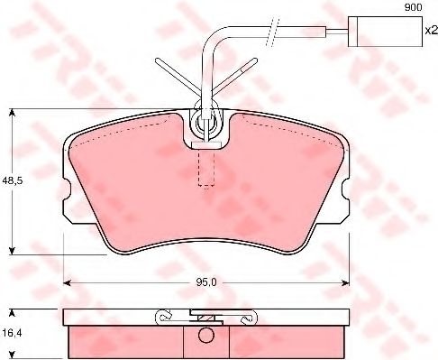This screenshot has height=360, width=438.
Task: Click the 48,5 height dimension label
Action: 13,181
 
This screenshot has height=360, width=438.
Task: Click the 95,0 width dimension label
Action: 206,282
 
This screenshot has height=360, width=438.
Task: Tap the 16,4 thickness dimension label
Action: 13,333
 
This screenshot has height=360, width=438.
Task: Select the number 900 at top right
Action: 413,7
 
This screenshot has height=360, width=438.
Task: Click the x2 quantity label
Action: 432,31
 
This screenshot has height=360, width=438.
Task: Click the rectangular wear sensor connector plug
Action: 385,32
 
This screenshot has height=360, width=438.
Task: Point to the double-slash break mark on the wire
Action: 273,32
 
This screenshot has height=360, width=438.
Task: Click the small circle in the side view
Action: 206,335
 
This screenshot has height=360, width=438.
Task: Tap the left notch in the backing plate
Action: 67,189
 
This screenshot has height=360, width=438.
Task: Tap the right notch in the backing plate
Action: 346,189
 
